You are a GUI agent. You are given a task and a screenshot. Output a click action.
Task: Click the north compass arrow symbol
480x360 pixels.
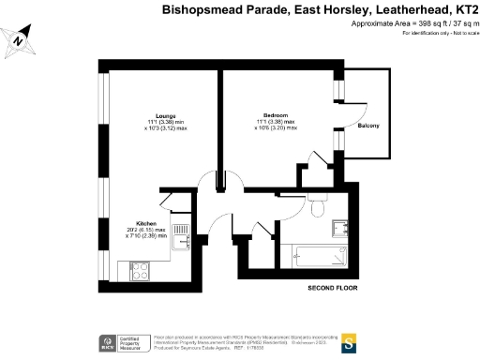point(21,39)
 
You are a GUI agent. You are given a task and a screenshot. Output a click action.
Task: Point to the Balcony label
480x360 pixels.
point(368,126)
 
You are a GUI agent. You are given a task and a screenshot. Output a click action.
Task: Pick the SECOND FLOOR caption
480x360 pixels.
point(333,288)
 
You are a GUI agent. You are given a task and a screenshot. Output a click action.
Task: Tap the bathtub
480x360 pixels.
point(320,254)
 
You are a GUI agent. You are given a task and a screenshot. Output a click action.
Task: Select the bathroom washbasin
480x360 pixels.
point(342,225)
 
